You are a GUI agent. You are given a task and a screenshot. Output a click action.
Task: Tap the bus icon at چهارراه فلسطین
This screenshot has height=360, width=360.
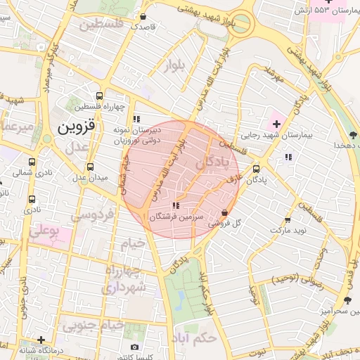pyautogui.click(x=100, y=96)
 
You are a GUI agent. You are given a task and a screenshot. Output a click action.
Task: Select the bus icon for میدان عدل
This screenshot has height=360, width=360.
pyautogui.click(x=90, y=167)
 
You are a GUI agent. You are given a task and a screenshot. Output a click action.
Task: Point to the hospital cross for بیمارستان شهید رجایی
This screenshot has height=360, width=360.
pyautogui.click(x=276, y=124)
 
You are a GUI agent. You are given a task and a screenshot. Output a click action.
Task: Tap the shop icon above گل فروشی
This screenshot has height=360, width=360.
pyautogui.click(x=224, y=212)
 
